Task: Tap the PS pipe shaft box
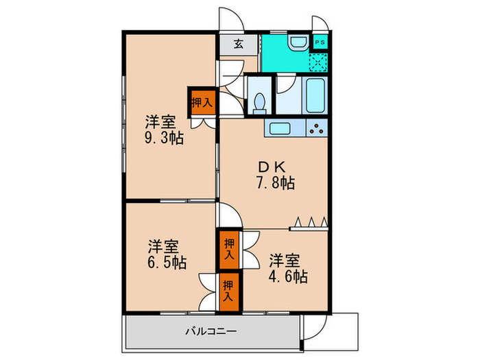(319, 42)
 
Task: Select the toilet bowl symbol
(259, 101)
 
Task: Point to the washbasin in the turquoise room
(297, 43)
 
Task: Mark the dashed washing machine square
(318, 61)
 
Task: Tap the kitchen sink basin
(281, 128)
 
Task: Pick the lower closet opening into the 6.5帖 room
(229, 288)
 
